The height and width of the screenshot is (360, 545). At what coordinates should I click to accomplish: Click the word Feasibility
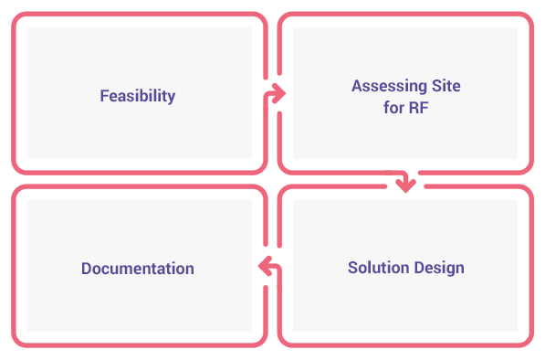click(x=138, y=96)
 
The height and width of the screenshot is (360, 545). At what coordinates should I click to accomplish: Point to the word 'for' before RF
click(x=393, y=108)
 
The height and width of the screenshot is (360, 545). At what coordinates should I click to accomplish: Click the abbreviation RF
click(x=419, y=108)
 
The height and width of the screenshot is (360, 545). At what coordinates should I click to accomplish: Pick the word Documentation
click(x=138, y=269)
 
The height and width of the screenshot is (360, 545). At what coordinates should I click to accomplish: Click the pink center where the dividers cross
click(x=272, y=179)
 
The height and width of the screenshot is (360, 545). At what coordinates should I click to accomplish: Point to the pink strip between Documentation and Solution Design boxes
click(x=272, y=265)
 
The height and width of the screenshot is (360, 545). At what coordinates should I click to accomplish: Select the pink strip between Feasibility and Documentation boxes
click(x=139, y=179)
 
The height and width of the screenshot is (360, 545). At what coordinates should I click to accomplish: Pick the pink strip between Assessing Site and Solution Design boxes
click(x=405, y=179)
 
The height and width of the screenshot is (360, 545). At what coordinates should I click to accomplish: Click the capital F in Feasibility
click(x=104, y=96)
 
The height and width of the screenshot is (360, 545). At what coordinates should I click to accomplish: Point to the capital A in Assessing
click(x=357, y=87)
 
